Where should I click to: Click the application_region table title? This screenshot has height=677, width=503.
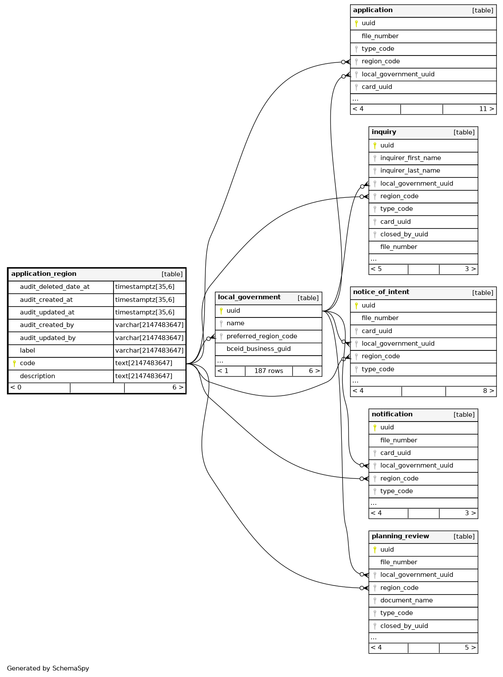click(44, 274)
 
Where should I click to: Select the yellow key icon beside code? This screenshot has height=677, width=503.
click(14, 363)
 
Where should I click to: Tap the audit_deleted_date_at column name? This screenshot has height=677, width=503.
click(55, 287)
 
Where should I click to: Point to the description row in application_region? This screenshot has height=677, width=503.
click(37, 376)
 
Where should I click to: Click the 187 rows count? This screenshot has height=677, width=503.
click(269, 371)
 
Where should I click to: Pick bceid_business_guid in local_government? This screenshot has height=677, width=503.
click(258, 349)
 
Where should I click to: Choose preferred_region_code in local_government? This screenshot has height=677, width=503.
click(262, 336)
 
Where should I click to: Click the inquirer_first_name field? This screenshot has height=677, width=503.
click(410, 158)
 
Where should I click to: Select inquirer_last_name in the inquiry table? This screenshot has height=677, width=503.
click(410, 171)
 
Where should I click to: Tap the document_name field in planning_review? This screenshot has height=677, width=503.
click(406, 601)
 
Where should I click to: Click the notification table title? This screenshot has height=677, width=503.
click(392, 415)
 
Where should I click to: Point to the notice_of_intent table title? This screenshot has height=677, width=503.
click(381, 292)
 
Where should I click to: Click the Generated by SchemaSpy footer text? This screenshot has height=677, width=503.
click(48, 668)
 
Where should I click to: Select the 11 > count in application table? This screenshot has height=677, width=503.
click(486, 109)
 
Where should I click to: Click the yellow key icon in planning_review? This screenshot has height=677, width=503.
click(375, 550)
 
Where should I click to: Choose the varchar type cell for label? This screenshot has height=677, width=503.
click(149, 350)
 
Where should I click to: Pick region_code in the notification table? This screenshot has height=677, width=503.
click(399, 478)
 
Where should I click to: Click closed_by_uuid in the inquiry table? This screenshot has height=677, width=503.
click(404, 235)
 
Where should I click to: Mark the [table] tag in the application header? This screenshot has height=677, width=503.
click(482, 10)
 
